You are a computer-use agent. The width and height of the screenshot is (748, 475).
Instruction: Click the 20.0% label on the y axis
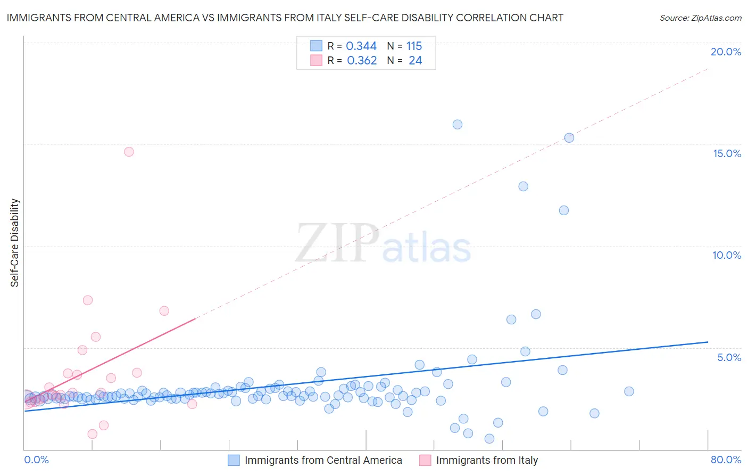[726, 52]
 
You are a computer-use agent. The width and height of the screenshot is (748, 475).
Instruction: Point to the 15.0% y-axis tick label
[727, 153]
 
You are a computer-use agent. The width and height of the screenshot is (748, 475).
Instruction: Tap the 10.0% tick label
[727, 255]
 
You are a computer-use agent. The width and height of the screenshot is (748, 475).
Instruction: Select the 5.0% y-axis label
[729, 357]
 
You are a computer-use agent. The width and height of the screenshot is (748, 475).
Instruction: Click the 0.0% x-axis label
[36, 460]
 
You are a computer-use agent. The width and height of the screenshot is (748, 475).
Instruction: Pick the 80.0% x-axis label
[726, 460]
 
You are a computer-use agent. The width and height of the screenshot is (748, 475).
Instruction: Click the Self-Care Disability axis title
[15, 243]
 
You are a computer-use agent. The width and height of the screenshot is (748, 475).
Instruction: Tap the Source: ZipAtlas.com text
[700, 18]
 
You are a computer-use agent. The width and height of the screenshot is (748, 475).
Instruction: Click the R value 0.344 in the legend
[361, 46]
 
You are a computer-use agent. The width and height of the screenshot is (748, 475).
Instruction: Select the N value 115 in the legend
[414, 46]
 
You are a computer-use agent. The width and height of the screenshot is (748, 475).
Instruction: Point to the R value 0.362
[362, 61]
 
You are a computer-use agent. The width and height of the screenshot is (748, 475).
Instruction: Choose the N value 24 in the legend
[415, 61]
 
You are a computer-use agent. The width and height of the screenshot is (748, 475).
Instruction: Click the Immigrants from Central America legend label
[323, 460]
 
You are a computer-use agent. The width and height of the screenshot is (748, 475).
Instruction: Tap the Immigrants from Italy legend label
[487, 460]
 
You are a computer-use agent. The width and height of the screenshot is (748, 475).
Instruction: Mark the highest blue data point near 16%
[458, 125]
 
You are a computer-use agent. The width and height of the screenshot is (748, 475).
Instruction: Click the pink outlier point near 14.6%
[129, 152]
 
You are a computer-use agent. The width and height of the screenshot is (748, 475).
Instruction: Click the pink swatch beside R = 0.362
[317, 61]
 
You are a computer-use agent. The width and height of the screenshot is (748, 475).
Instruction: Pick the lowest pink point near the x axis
[93, 434]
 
